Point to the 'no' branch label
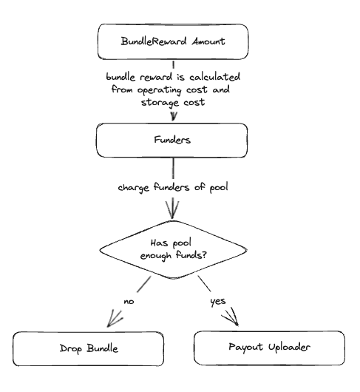pos(129,302)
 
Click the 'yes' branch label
pos(218,302)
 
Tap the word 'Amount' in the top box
pos(208,41)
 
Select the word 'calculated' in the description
pos(214,77)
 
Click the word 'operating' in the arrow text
pos(159,90)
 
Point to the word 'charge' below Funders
pos(134,188)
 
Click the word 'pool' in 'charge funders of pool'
pos(219,188)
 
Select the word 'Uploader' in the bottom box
pos(289,347)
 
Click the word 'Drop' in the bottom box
pos(71,349)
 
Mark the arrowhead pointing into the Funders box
pos(174,117)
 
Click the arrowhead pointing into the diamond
pos(172,210)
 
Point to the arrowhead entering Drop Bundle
pos(114,319)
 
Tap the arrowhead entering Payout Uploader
pos(231,317)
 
